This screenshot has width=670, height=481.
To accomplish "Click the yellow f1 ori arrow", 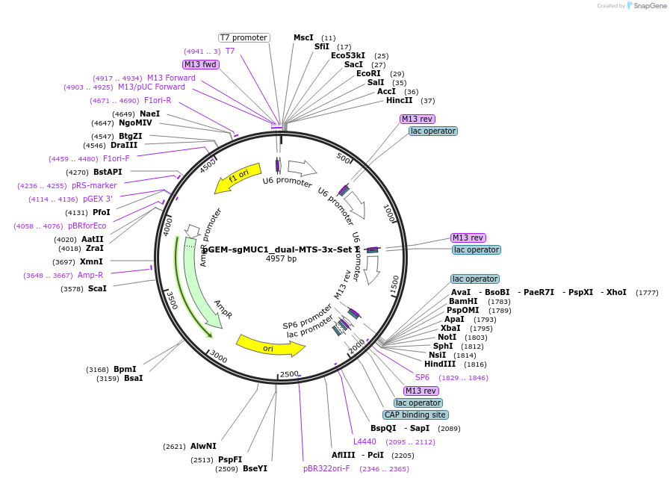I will [238, 178].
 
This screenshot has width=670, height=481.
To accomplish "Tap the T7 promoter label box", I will [244, 37].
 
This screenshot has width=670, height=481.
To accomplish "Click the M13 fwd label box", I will [200, 64].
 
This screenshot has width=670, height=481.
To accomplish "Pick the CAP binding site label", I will [415, 415].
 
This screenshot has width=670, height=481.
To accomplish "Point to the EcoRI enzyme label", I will [368, 73].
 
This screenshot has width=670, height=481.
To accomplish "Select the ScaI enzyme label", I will [97, 288].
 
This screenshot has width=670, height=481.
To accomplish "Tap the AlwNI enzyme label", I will [203, 446].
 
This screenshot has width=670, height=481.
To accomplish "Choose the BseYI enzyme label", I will [255, 468].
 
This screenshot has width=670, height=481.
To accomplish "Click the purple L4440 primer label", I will [365, 441].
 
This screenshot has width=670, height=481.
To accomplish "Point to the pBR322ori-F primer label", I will [326, 468].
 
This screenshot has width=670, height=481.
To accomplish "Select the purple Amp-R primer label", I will [90, 275].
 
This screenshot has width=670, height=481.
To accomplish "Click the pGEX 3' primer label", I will [98, 199].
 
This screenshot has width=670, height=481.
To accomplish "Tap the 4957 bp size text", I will [281, 259].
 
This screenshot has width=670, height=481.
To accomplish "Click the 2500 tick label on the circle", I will [289, 373].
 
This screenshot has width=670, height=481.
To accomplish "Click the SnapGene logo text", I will [647, 6].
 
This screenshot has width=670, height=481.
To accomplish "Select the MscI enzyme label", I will [303, 37].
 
